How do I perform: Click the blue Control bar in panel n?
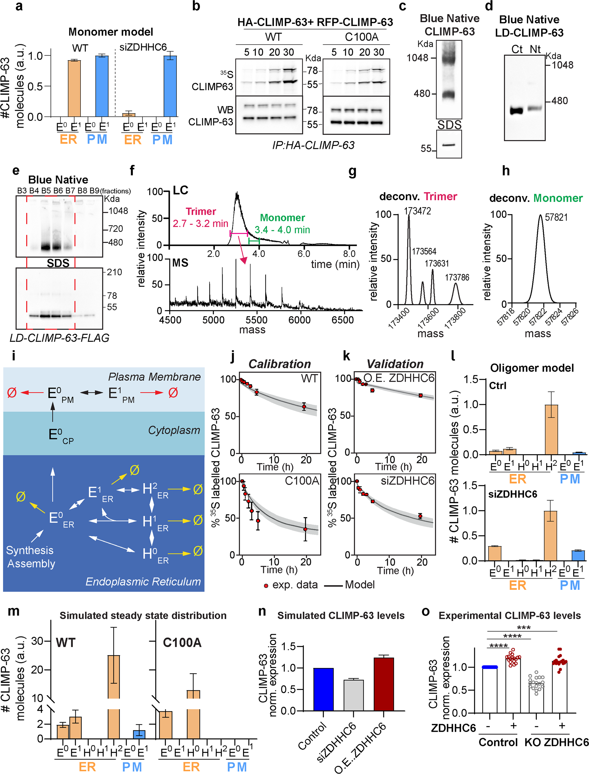point(323,689)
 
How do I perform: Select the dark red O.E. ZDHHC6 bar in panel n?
point(384,683)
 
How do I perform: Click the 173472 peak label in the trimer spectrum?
point(417,211)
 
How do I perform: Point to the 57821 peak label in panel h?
point(556,218)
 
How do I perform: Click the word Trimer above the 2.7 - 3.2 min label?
point(200,212)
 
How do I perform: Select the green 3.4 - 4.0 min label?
point(282,230)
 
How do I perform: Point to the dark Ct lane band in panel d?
point(516,111)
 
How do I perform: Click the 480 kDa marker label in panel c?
point(422,94)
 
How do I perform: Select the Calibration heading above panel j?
point(279,364)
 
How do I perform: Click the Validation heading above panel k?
point(395,364)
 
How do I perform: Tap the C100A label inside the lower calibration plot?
point(302,481)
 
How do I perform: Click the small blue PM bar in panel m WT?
point(139,734)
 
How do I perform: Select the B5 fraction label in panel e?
point(46,191)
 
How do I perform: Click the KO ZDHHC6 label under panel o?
point(556,742)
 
